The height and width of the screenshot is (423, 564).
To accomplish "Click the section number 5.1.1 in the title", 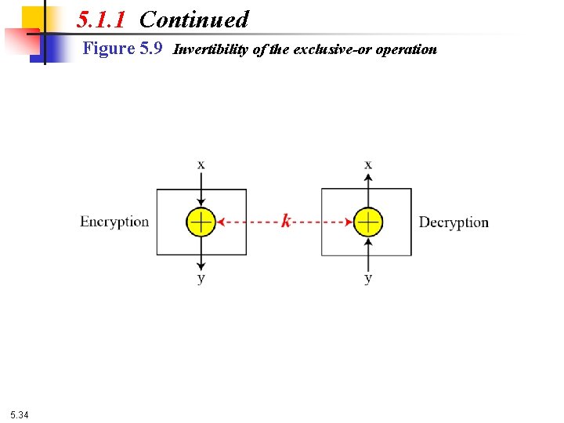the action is [101, 19].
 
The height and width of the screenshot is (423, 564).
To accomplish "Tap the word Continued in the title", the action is [193, 19].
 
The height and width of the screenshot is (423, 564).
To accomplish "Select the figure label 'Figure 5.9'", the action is [122, 49].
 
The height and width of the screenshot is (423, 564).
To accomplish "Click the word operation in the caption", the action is [406, 50].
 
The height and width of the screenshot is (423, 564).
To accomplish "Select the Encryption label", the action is [114, 222].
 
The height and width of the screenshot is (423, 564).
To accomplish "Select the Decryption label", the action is [454, 222].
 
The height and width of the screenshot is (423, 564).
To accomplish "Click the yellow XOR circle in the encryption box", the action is [201, 222].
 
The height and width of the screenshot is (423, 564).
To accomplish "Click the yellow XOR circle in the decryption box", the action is [368, 222].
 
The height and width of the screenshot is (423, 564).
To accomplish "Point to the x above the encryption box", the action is [201, 164].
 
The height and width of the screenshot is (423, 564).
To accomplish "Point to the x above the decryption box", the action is [368, 164].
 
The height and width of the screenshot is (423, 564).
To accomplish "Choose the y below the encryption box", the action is [201, 278].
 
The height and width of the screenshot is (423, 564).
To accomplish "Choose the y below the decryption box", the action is [368, 278].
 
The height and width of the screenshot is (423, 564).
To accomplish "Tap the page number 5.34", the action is [20, 414].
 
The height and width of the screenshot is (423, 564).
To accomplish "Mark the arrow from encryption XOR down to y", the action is [201, 252].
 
